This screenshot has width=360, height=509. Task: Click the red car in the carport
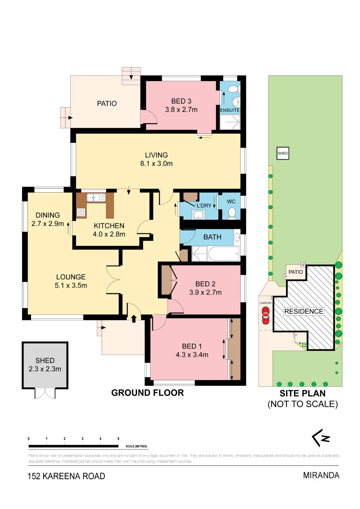click(x=266, y=315)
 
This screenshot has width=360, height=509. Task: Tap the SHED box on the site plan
click(x=283, y=154)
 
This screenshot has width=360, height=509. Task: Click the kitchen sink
click(x=96, y=198)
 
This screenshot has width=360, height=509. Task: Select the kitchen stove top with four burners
click(x=81, y=212)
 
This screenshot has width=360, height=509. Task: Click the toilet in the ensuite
click(x=233, y=89)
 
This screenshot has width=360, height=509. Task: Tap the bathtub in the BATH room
click(x=224, y=253)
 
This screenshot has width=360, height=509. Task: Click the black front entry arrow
click(x=134, y=318)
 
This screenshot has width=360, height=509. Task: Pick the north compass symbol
click(x=321, y=438)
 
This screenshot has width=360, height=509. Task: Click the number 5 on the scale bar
click(x=118, y=439)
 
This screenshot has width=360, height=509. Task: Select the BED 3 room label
click(x=181, y=101)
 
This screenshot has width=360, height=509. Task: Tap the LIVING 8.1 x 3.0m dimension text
click(x=156, y=163)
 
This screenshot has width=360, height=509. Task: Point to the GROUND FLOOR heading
click(x=147, y=393)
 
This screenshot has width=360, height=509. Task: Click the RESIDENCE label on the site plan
click(x=304, y=311)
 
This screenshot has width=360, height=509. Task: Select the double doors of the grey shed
click(x=45, y=394)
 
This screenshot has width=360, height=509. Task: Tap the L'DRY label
click(x=204, y=206)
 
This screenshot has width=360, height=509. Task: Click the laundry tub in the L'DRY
click(x=199, y=214)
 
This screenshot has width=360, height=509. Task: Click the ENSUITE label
click(x=230, y=110)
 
